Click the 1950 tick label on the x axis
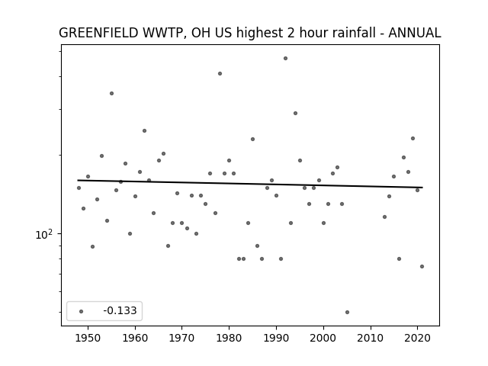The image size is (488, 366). (x=88, y=338)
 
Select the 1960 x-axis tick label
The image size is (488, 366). (x=135, y=338)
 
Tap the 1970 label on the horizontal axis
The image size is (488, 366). (x=182, y=338)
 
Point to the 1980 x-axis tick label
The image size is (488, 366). (x=229, y=338)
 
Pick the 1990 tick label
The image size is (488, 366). (x=276, y=338)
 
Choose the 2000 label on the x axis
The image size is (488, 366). (x=323, y=338)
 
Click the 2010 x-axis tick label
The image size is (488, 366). (x=371, y=338)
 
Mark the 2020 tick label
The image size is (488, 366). (x=418, y=338)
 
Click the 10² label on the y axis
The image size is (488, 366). (x=44, y=234)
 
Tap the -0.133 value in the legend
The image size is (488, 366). (x=120, y=310)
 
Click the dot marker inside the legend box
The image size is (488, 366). (x=82, y=311)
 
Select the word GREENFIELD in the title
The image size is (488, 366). (x=98, y=33)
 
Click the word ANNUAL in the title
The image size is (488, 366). (x=415, y=33)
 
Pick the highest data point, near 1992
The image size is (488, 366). (x=285, y=59)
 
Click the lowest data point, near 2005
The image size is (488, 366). (x=348, y=312)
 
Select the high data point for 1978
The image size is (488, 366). (x=220, y=74)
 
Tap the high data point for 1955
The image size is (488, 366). (x=112, y=93)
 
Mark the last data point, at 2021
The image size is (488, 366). (x=422, y=266)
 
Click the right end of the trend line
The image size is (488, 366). (x=422, y=188)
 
